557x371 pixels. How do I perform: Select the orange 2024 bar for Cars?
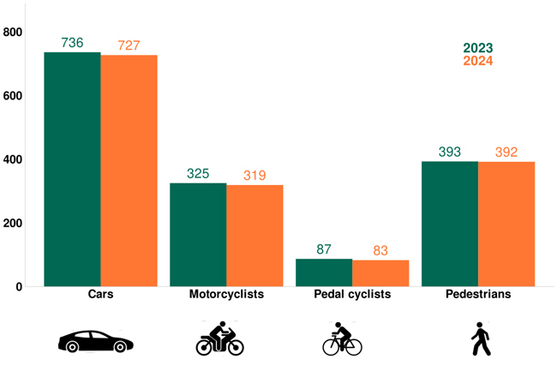[x=129, y=171]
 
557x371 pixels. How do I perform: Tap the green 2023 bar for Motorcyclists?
[x=198, y=235]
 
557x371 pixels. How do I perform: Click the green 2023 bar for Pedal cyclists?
[x=324, y=272]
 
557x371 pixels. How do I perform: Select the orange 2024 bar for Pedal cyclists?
[x=380, y=273]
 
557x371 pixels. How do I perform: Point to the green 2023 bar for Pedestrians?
[x=450, y=224]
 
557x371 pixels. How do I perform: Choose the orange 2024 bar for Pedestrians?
[x=506, y=224]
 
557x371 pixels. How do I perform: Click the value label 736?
[x=72, y=43]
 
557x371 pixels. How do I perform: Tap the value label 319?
[x=255, y=176]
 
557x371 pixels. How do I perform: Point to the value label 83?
[x=380, y=250]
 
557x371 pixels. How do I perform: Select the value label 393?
[x=450, y=152]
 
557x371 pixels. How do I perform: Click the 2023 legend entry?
[x=478, y=48]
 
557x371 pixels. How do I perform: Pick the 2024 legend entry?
[x=478, y=61]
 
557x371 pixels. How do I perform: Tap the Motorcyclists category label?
[x=226, y=294]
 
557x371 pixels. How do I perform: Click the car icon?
[x=95, y=341]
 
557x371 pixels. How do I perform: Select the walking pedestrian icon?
[x=481, y=339]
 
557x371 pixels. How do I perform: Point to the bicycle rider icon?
[x=342, y=338]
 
